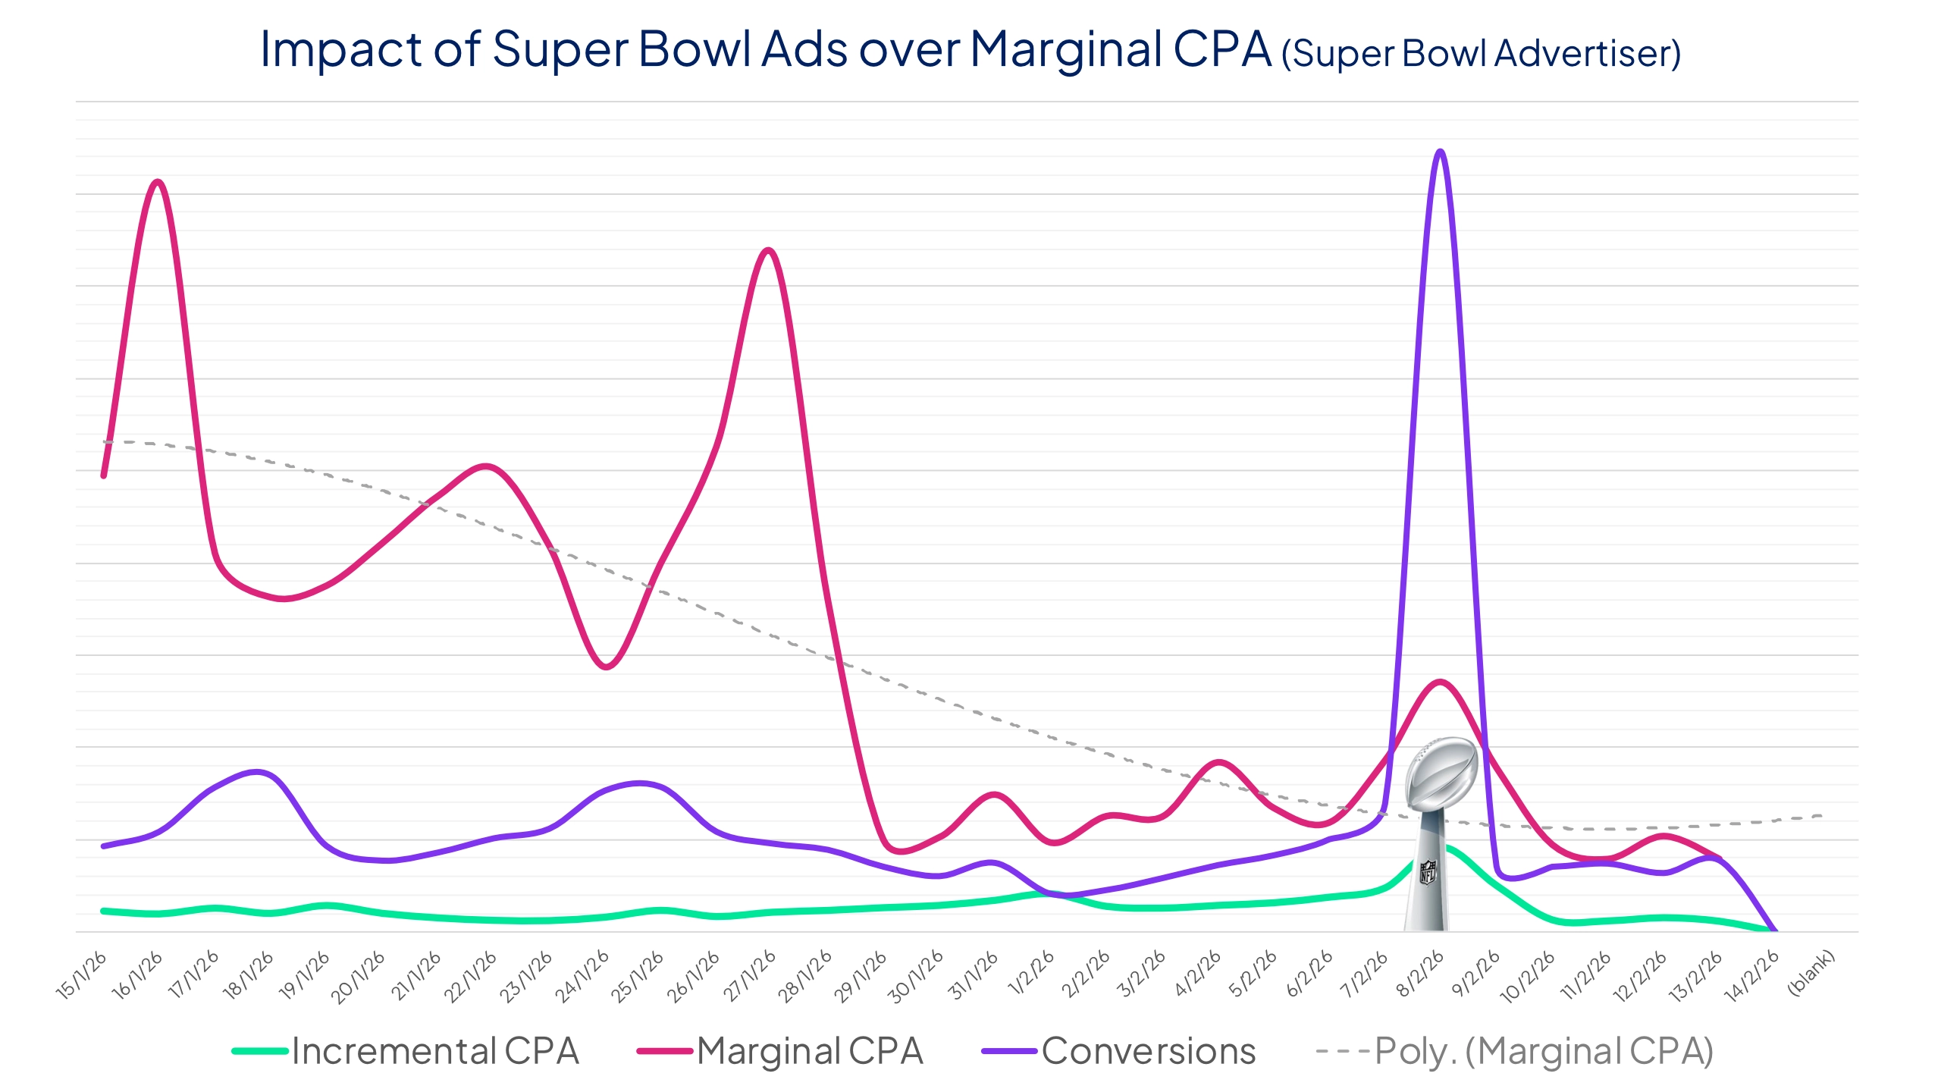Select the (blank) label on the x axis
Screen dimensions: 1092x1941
[x=1811, y=972]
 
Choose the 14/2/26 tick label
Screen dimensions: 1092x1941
[x=1753, y=976]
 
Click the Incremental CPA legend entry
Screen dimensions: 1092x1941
[x=406, y=1051]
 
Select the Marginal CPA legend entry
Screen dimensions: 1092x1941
[x=781, y=1051]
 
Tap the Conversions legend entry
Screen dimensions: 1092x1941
[x=1120, y=1051]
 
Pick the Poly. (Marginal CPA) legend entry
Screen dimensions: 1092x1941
[x=1515, y=1051]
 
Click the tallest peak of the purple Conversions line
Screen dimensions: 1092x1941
[x=1440, y=152]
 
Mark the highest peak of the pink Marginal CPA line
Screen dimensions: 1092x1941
[x=158, y=182]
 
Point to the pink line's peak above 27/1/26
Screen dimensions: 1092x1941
[x=769, y=250]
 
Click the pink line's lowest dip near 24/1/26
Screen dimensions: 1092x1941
[x=605, y=667]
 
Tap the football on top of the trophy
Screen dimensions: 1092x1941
[x=1441, y=773]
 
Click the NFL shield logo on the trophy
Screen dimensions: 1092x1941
[x=1427, y=871]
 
